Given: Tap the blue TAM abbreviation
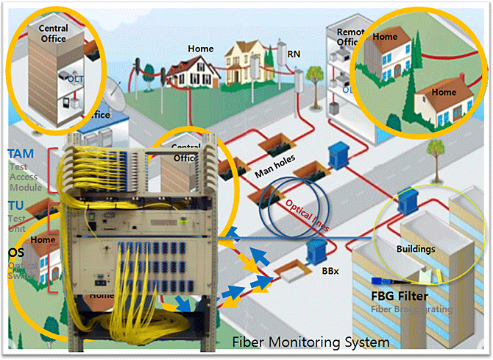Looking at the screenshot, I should [x=21, y=154].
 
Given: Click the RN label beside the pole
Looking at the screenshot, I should [x=294, y=54].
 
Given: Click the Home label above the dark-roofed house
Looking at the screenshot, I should [x=200, y=49].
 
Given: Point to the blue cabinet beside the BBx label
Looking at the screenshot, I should [x=316, y=250].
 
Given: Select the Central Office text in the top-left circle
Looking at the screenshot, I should [x=53, y=33].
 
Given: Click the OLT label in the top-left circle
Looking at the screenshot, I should [x=75, y=77].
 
